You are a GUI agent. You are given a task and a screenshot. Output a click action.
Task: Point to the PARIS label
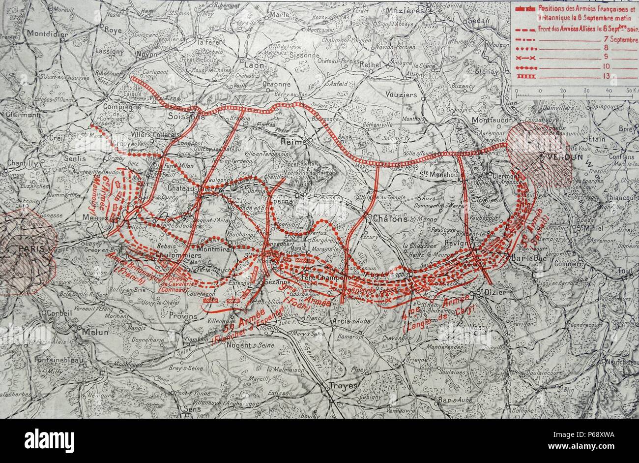(28, 248)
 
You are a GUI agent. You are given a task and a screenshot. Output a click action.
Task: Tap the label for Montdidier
(50, 33)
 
